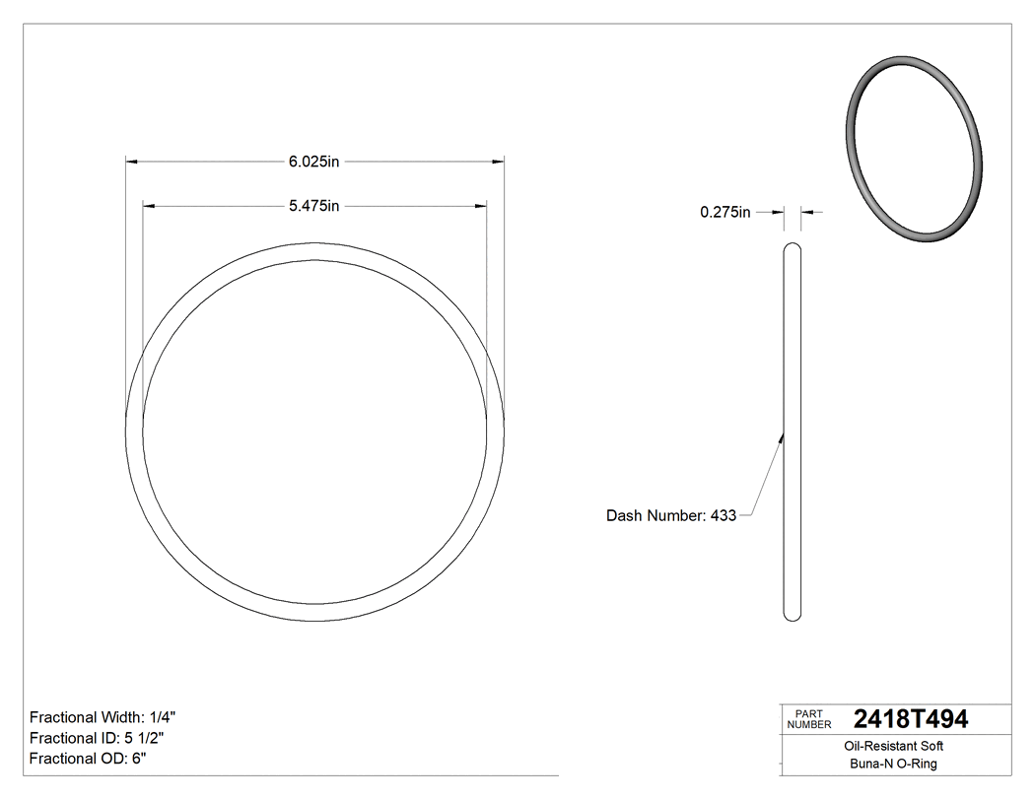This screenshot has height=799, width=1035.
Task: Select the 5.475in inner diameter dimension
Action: pyautogui.click(x=313, y=206)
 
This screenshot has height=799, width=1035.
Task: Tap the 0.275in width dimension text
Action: pyautogui.click(x=725, y=212)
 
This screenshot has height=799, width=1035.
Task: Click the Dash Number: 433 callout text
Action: pyautogui.click(x=670, y=515)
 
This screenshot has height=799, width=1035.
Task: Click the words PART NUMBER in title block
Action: pyautogui.click(x=808, y=719)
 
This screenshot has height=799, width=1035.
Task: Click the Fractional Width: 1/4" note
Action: pyautogui.click(x=103, y=717)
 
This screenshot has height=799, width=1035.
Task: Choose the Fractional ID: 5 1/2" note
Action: pyautogui.click(x=97, y=738)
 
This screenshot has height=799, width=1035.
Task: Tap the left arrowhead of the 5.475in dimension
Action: pyautogui.click(x=149, y=206)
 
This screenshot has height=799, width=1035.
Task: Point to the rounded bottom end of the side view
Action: pyautogui.click(x=792, y=616)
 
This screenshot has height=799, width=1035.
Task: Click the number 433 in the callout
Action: pyautogui.click(x=723, y=515)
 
